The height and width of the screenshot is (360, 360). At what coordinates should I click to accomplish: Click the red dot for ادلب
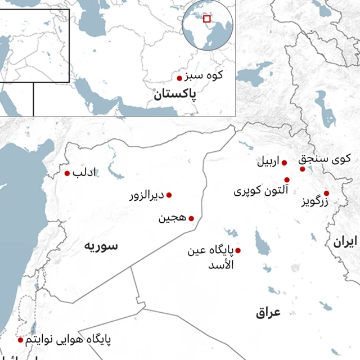67,173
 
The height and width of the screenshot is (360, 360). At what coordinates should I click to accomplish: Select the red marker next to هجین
191,218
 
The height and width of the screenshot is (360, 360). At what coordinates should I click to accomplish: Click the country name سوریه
101,245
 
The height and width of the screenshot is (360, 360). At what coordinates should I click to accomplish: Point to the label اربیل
268,163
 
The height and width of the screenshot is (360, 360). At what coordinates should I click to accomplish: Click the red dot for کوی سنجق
302,169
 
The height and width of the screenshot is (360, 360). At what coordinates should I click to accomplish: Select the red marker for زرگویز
326,193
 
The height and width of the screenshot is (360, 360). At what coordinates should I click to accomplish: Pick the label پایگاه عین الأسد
211,256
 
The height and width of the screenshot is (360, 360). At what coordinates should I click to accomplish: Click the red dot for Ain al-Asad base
238,250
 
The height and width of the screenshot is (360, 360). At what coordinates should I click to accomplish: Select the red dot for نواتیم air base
21,340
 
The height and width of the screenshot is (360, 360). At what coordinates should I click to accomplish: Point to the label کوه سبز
205,75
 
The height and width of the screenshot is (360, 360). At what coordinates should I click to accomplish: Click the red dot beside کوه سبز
179,78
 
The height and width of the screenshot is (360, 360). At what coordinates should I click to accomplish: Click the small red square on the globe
207,19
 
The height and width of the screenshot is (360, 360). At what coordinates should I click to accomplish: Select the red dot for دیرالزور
169,195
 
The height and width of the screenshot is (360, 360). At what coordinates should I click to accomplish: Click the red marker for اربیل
284,163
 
